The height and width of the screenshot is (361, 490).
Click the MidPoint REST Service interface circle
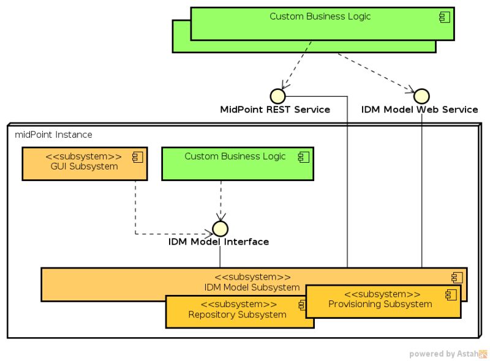277,96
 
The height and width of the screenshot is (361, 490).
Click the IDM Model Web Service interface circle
421,96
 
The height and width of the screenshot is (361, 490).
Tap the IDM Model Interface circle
220,229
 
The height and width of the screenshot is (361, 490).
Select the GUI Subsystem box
85,163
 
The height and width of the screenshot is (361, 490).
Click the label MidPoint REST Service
275,110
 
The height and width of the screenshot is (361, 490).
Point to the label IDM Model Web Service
420,110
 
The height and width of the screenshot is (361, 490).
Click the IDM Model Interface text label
219,242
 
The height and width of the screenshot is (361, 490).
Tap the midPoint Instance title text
53,135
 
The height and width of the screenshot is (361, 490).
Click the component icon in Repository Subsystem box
301,304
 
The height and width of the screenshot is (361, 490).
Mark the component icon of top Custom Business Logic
445,17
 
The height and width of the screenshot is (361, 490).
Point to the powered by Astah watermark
448,354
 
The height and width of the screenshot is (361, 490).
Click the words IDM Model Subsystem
252,288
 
